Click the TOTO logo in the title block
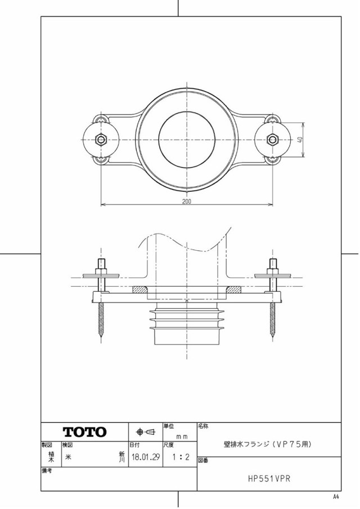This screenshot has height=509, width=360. pos(84,432)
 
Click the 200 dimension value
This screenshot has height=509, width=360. pos(187,201)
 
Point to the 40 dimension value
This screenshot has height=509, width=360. pos(300,139)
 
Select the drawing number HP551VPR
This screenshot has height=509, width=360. pos(269,479)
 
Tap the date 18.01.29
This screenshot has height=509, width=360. pos(146,457)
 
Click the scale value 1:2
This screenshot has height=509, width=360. pos(181,457)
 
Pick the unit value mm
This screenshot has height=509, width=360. pos(182,436)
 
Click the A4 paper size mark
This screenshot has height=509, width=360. pos(336,496)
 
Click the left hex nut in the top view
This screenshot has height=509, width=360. pos(101,140)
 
